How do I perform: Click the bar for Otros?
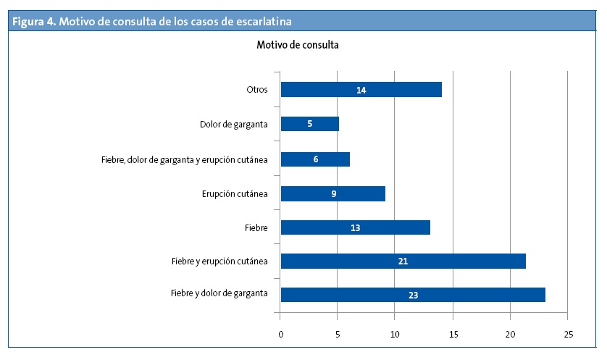[361, 90]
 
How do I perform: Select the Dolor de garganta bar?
[309, 124]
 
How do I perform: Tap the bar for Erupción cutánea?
[332, 194]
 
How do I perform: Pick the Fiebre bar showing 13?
[355, 227]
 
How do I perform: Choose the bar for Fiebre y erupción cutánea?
[403, 261]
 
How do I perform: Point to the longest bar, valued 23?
[413, 295]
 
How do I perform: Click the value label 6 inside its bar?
[316, 159]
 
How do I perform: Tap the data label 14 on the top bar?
[361, 90]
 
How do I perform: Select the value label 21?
[403, 261]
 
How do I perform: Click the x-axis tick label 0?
[280, 334]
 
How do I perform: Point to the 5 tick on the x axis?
[338, 334]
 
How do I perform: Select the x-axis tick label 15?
[453, 334]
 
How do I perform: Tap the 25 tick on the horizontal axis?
[568, 334]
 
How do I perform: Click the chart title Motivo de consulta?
[298, 45]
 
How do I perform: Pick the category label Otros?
[257, 90]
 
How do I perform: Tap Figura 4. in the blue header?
[33, 21]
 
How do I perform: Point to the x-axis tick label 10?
[395, 334]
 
